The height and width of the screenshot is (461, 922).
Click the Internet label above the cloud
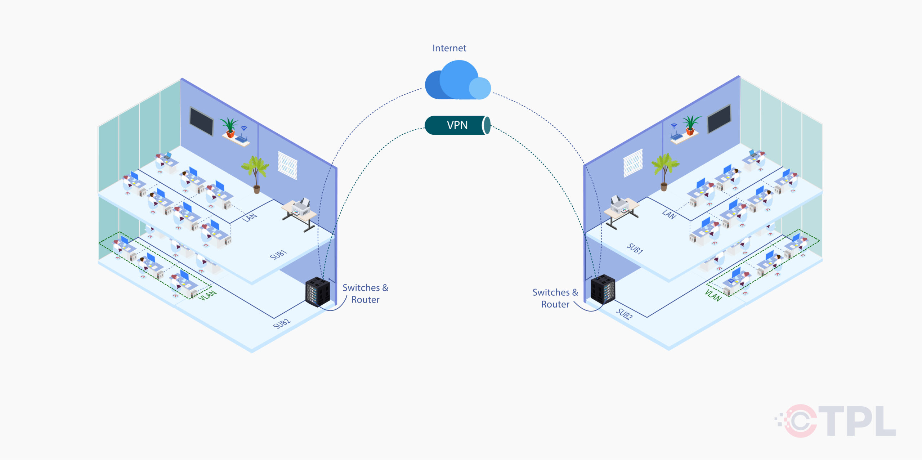pyautogui.click(x=449, y=48)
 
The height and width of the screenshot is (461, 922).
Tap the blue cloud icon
pyautogui.click(x=457, y=81)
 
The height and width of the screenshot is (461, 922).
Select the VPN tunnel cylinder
pyautogui.click(x=457, y=125)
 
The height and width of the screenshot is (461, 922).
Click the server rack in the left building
pyautogui.click(x=318, y=292)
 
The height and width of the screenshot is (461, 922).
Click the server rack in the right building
pyautogui.click(x=603, y=289)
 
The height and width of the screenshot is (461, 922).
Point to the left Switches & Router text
pyautogui.click(x=365, y=294)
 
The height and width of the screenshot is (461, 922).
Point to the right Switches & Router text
pyautogui.click(x=555, y=298)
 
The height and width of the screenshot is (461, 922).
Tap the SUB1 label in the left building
pyautogui.click(x=278, y=255)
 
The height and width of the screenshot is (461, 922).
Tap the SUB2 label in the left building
pyautogui.click(x=282, y=323)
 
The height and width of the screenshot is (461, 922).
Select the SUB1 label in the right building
pyautogui.click(x=635, y=249)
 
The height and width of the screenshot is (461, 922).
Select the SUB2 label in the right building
pyautogui.click(x=624, y=314)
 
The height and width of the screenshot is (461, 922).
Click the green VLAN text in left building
pyautogui.click(x=207, y=296)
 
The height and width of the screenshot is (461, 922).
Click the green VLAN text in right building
pyautogui.click(x=713, y=295)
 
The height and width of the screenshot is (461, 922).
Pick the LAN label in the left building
pyautogui.click(x=250, y=217)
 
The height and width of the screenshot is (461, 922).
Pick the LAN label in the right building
pyautogui.click(x=669, y=215)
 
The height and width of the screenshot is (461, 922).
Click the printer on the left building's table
pyautogui.click(x=301, y=207)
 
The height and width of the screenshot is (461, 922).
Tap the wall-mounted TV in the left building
pyautogui.click(x=202, y=121)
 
